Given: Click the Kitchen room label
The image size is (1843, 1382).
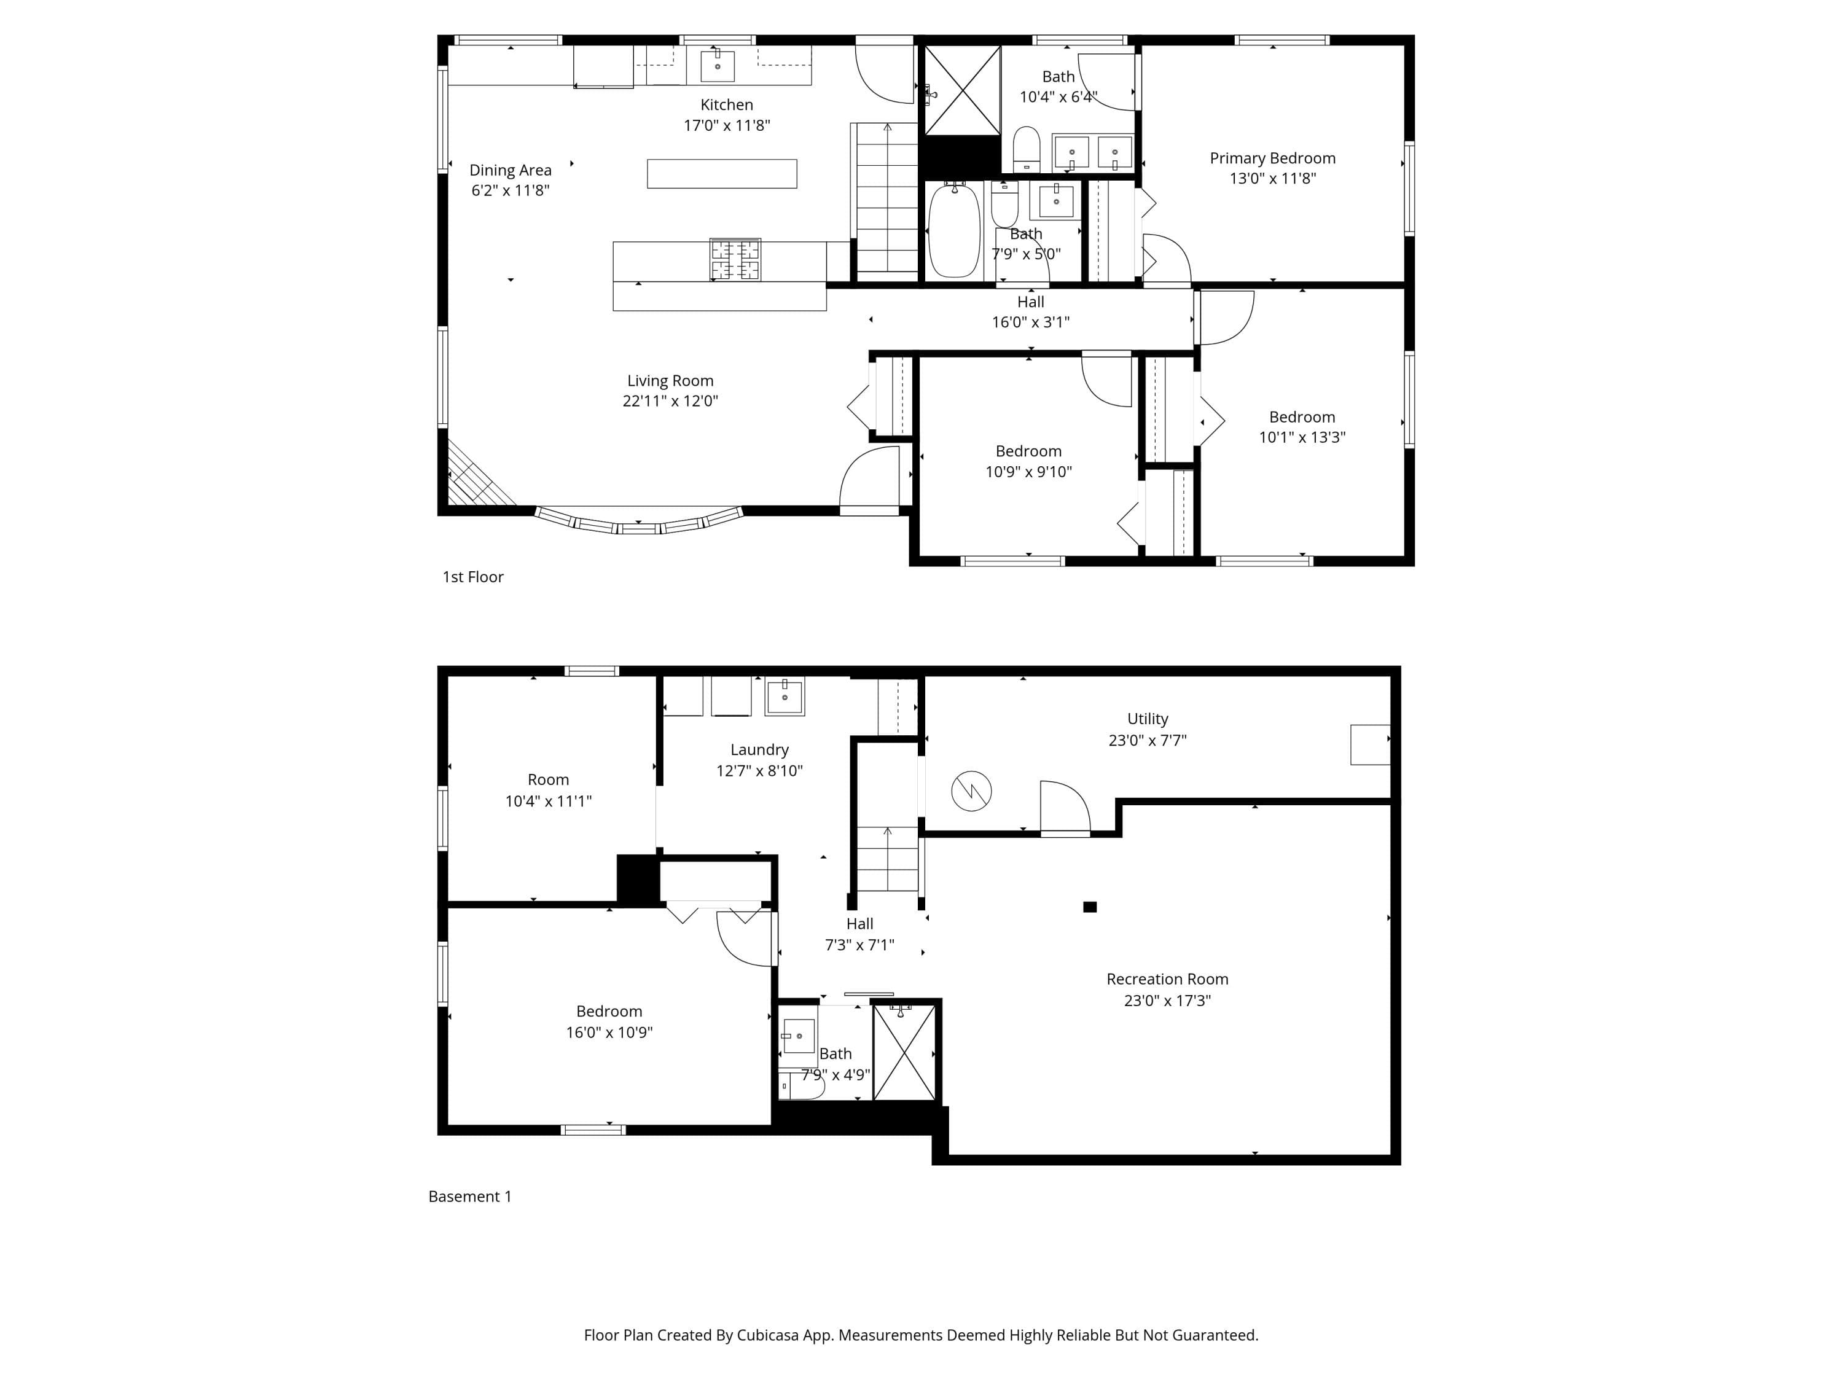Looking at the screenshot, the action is (727, 105).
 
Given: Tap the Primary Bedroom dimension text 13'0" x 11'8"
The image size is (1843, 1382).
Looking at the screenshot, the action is (1272, 178).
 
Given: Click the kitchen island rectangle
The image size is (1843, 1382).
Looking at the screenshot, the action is (722, 173).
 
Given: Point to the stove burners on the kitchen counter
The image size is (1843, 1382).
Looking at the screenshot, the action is (735, 259).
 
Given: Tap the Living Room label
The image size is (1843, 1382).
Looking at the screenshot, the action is (670, 381).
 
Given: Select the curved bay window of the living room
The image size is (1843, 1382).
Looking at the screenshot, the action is (638, 522).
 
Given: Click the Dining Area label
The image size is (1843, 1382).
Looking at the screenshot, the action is (510, 170).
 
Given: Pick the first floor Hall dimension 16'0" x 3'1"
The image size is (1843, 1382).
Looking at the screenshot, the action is (1031, 322).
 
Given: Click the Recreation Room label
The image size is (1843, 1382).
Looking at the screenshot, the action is (1167, 979).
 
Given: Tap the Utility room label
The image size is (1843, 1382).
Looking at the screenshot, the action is (1148, 719).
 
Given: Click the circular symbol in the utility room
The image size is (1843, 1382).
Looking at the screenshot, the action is (971, 791).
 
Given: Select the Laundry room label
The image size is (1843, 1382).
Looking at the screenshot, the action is (759, 750).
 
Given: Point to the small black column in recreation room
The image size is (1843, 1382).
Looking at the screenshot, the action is (1090, 907).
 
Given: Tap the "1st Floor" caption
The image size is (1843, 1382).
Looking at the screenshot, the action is (472, 577).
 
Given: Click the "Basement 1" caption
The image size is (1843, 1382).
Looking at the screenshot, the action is (470, 1197).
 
